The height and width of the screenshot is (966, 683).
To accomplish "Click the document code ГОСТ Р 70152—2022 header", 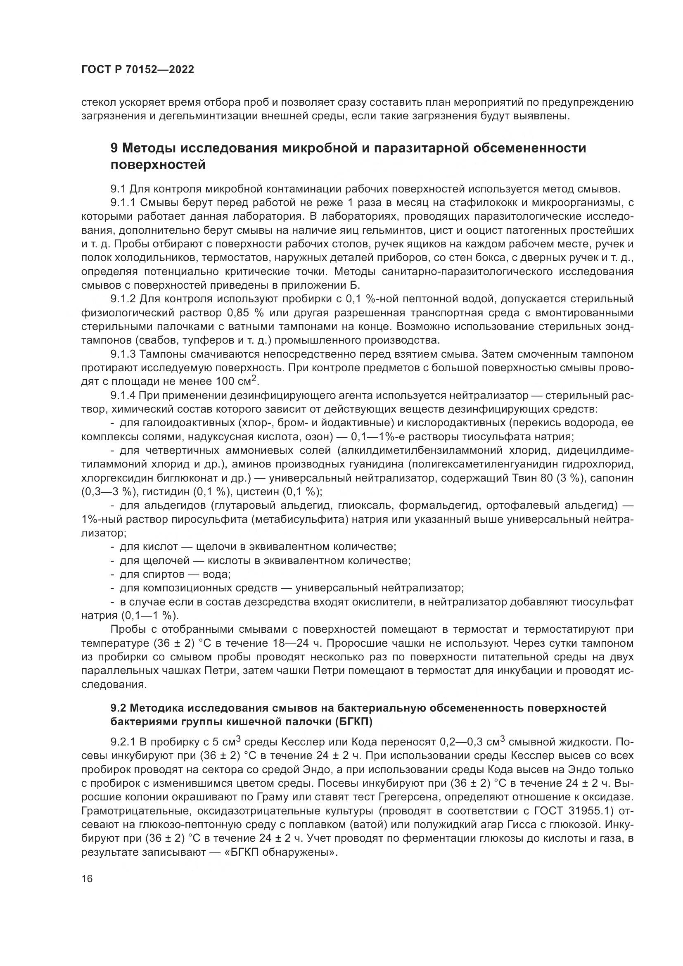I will coord(138,70).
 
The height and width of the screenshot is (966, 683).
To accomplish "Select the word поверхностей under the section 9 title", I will coord(158,165).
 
